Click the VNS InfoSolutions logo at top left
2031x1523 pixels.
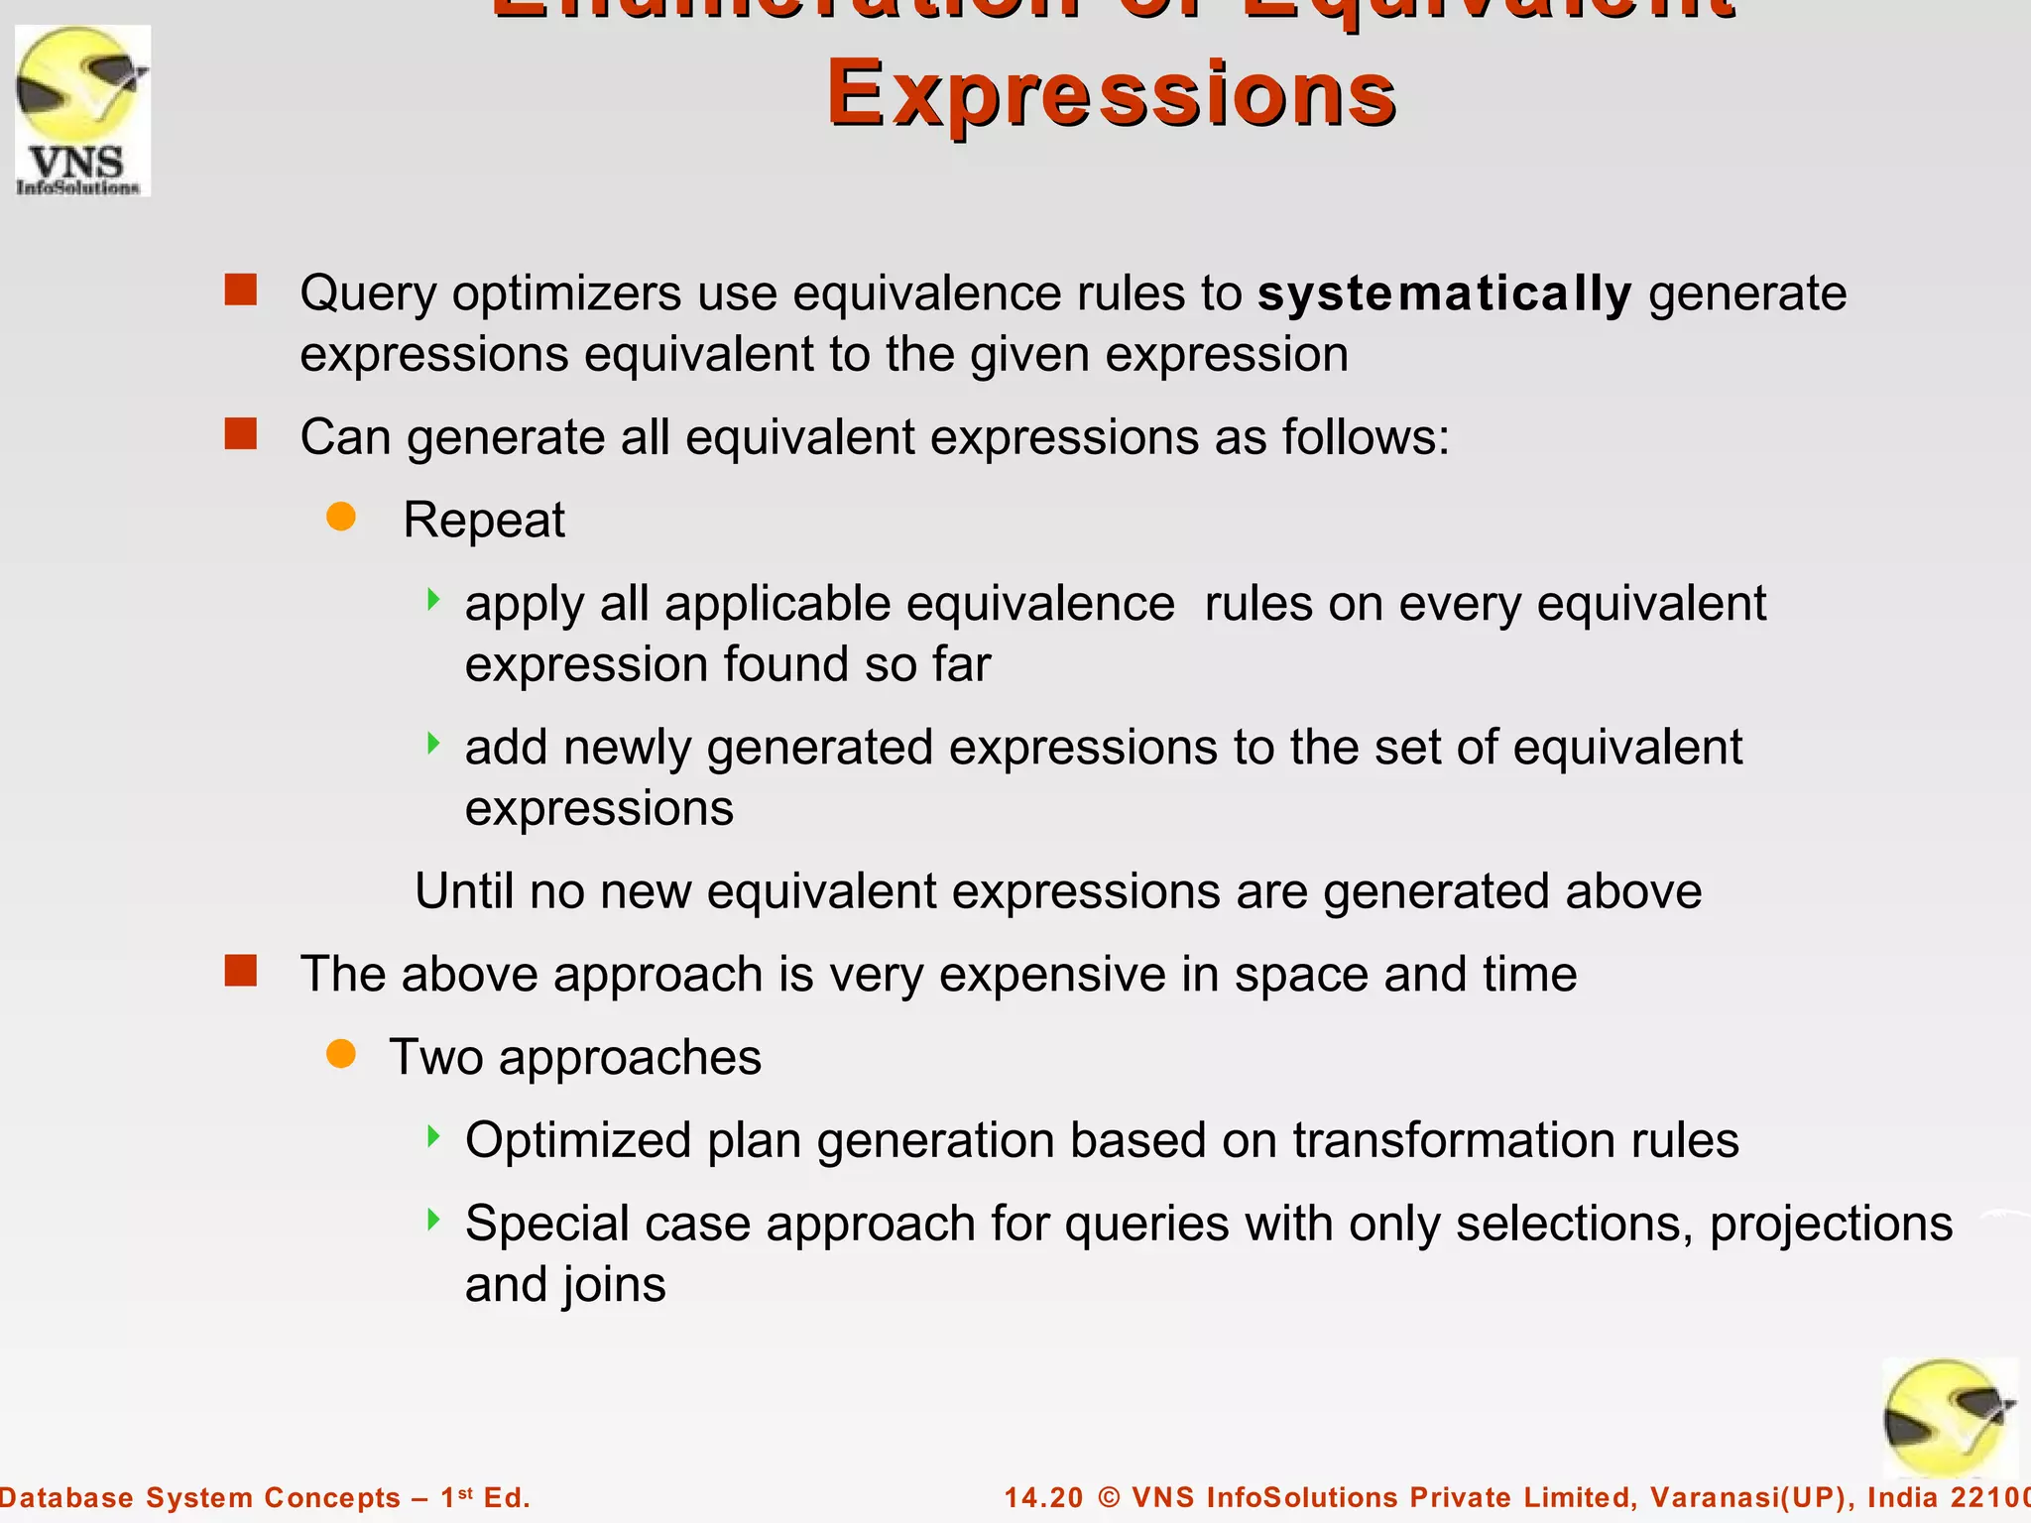pos(83,111)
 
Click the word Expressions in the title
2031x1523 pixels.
pos(1112,93)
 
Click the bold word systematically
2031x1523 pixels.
pos(1444,293)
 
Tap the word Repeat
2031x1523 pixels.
pos(484,520)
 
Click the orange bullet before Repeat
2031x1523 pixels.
pos(341,517)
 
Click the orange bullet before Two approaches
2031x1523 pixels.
pos(341,1054)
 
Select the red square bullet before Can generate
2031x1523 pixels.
pos(241,433)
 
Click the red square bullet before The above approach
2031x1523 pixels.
pos(241,971)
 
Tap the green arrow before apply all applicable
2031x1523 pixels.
pos(432,599)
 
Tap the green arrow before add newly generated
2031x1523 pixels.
pos(432,743)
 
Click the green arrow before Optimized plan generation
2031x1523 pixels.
pos(432,1136)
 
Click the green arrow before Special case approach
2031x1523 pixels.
pos(432,1220)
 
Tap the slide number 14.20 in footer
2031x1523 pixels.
pos(1043,1497)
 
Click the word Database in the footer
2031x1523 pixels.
pos(65,1497)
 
